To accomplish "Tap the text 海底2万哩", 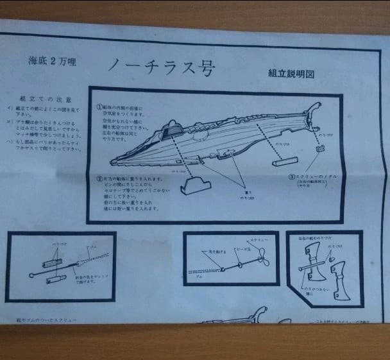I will [53, 62].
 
